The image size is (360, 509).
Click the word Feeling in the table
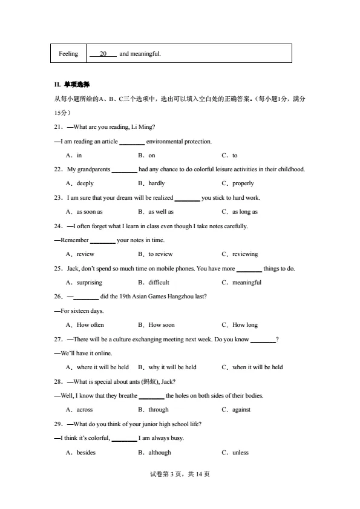(x=68, y=54)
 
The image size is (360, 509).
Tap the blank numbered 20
(x=103, y=54)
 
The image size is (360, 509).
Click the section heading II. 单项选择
(x=72, y=84)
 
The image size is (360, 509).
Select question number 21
(x=59, y=126)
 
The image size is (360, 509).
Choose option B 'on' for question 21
(x=151, y=156)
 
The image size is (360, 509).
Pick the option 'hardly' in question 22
(x=156, y=183)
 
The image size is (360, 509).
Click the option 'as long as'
(x=244, y=212)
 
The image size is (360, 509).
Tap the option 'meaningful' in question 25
(x=247, y=283)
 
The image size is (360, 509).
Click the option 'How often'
(x=90, y=325)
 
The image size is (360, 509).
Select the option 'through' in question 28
(x=159, y=410)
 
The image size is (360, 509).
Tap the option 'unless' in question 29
(x=240, y=452)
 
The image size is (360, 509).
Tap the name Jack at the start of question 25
(x=73, y=268)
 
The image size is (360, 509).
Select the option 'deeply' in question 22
(x=85, y=183)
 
